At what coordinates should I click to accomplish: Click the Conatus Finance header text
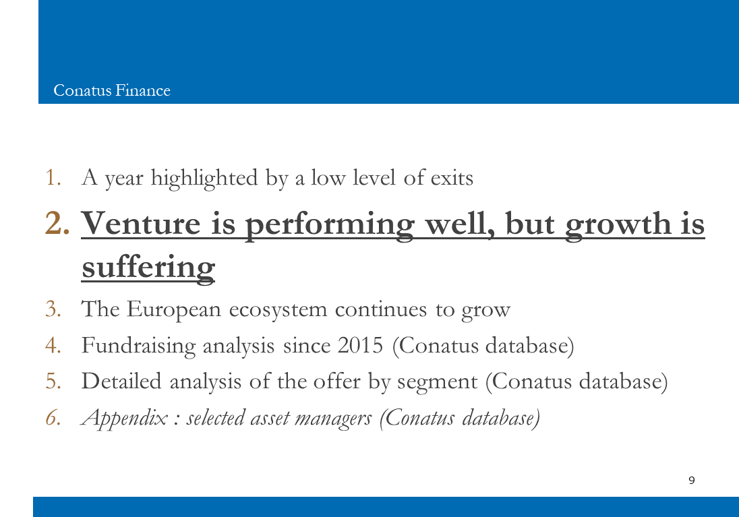(112, 90)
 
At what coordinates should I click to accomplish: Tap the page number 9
(691, 480)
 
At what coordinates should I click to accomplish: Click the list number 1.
(53, 178)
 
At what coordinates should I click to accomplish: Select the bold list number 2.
(57, 223)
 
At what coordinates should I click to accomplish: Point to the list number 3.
(53, 309)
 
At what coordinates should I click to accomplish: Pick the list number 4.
(53, 345)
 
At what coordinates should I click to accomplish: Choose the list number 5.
(53, 382)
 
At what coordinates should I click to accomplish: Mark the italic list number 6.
(53, 417)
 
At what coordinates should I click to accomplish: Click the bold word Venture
(141, 223)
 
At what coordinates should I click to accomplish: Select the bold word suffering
(148, 268)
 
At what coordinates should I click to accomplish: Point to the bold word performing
(330, 225)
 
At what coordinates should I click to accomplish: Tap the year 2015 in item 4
(361, 345)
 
